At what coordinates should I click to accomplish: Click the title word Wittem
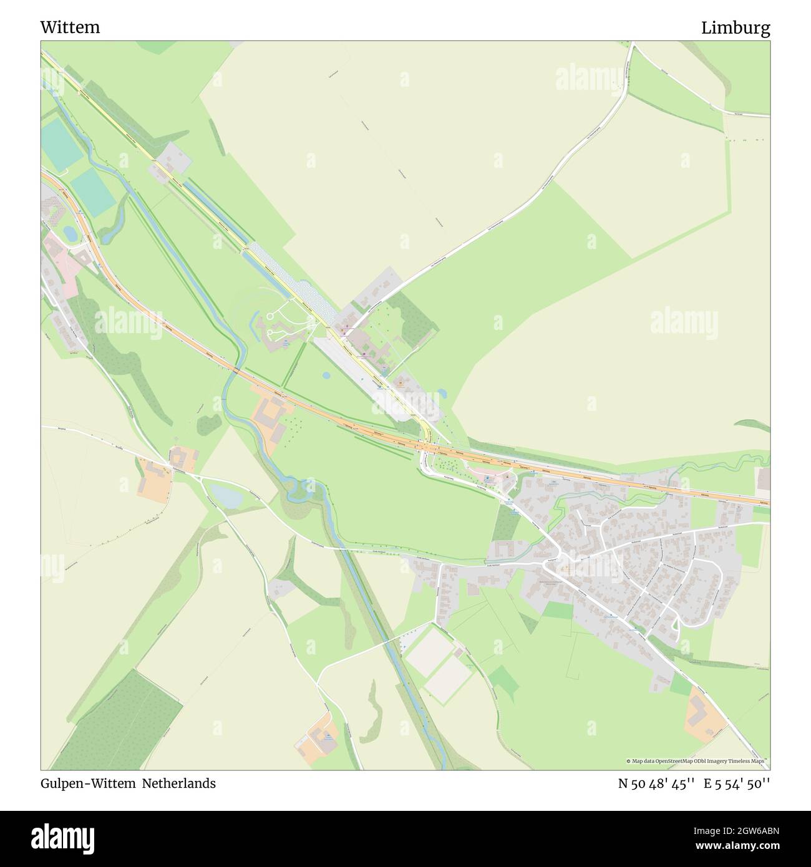coord(70,27)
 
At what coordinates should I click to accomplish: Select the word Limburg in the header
coord(736,27)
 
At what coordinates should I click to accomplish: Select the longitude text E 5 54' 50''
coord(737,783)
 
